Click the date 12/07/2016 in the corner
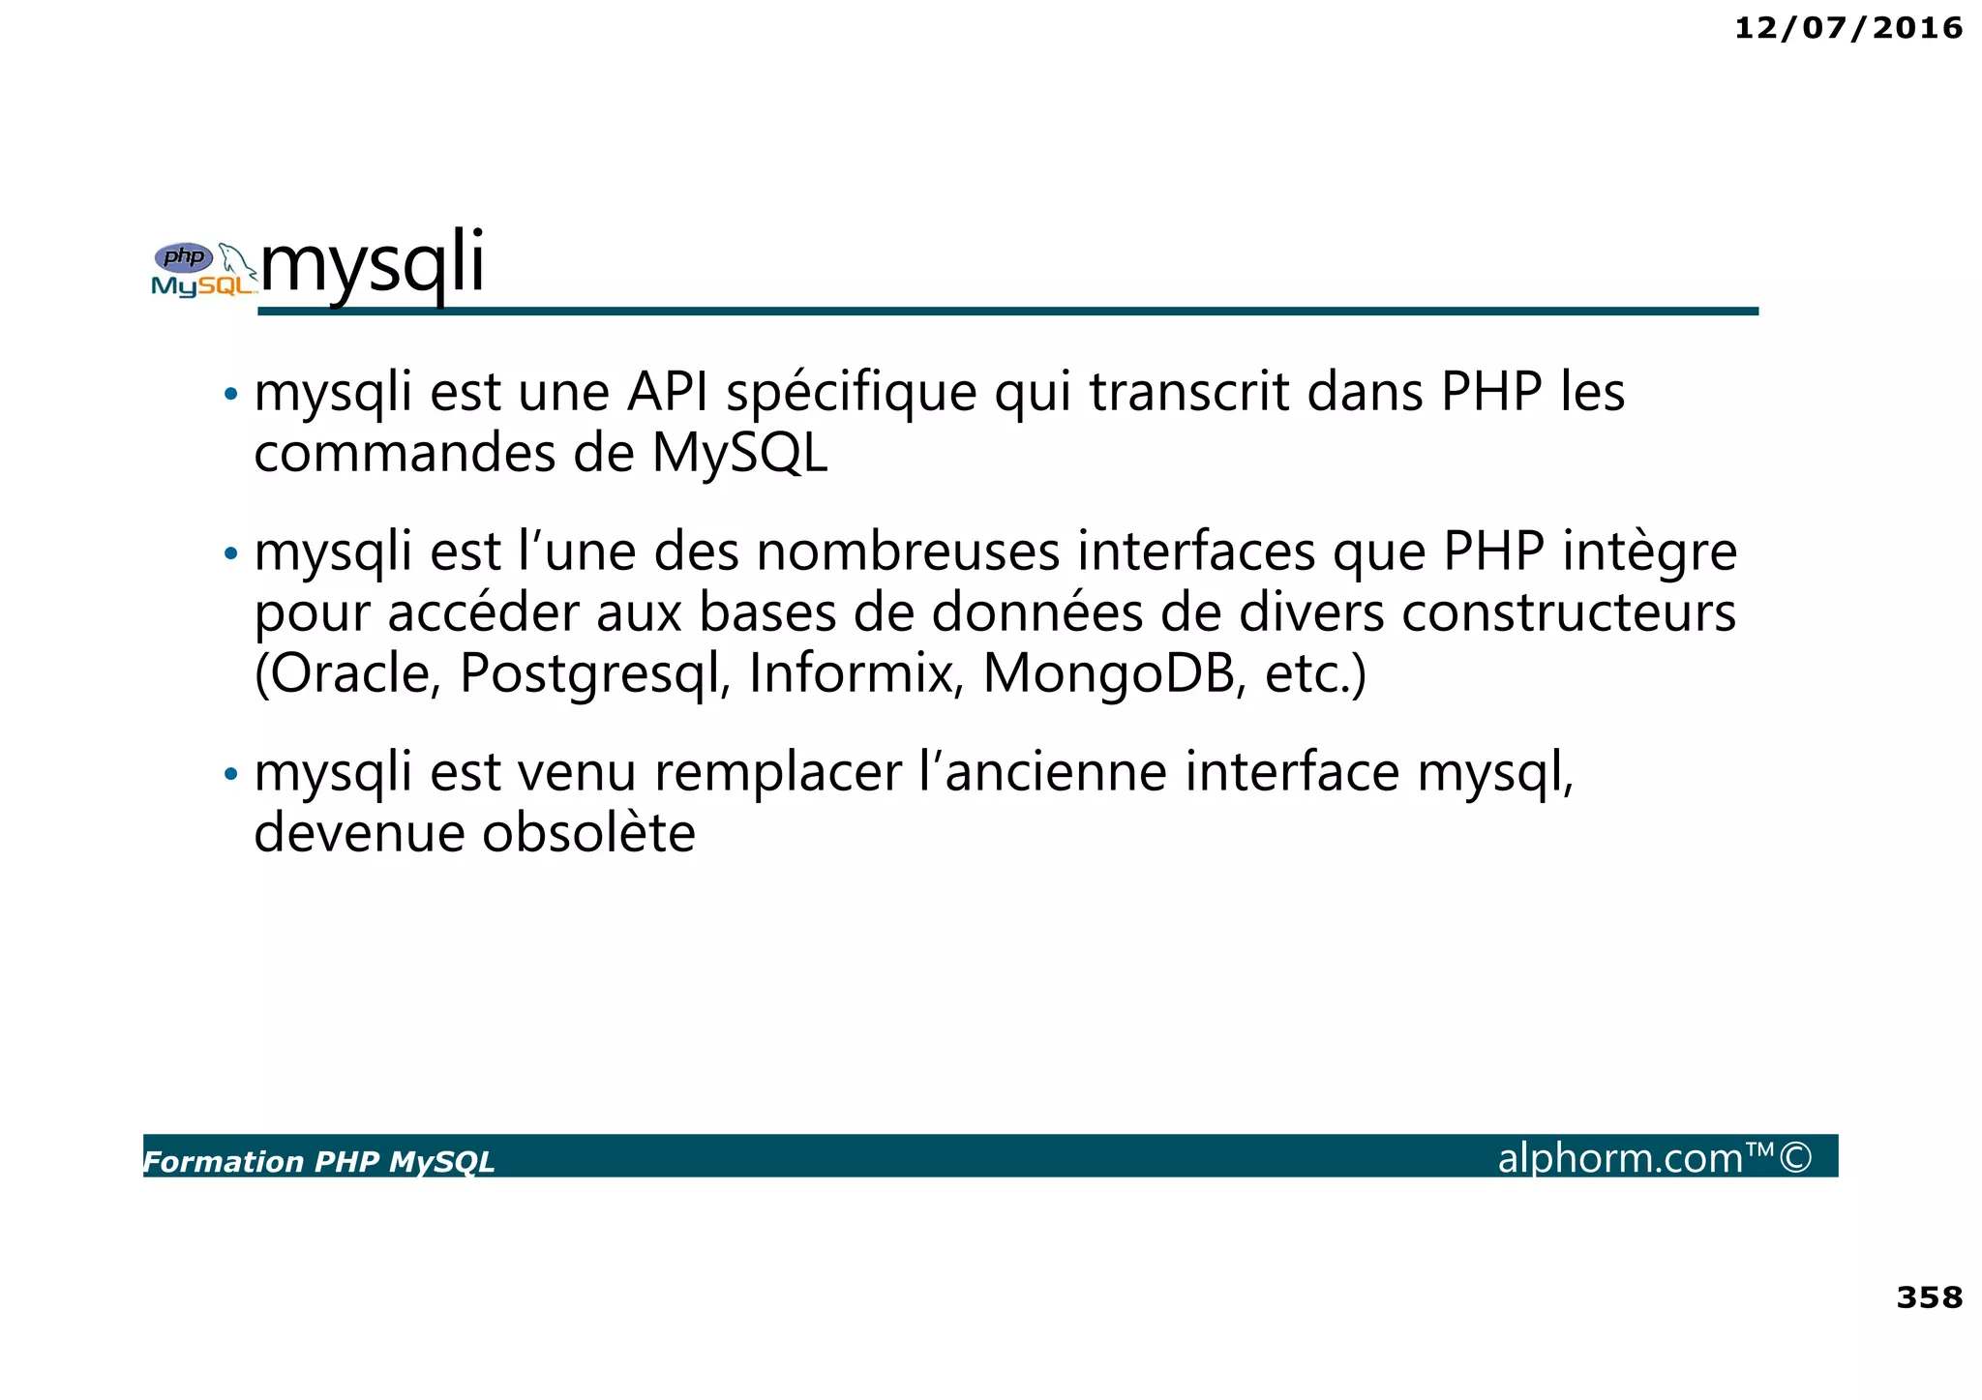click(x=1847, y=28)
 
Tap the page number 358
click(x=1929, y=1296)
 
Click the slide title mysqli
click(x=373, y=262)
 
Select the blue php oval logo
click(x=184, y=257)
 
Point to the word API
click(x=668, y=393)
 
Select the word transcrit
click(x=1189, y=393)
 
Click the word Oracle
click(x=348, y=674)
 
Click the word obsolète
click(x=588, y=833)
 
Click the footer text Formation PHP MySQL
click(x=319, y=1161)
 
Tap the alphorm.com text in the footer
click(x=1620, y=1158)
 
